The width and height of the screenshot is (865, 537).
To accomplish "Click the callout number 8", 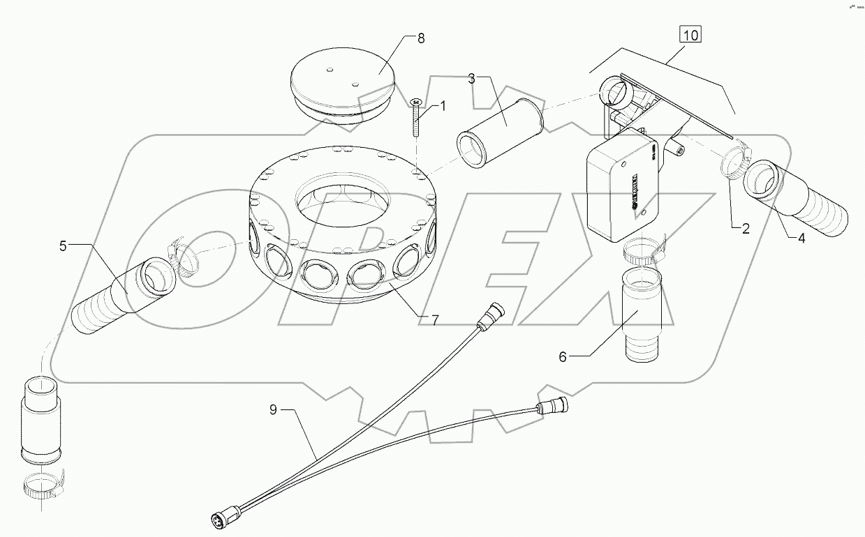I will coord(421,38).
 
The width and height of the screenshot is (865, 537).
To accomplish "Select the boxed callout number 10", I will coord(690,36).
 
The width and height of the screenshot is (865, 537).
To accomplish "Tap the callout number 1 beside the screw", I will coord(442,106).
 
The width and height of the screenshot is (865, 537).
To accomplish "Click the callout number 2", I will coord(746,229).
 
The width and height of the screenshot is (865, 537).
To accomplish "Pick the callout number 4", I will coord(801,237).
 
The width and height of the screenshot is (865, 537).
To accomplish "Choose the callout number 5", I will coord(63,245).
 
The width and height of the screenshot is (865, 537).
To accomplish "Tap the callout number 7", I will coord(434,320).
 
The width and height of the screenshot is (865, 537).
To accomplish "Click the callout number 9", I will coord(274,410).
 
